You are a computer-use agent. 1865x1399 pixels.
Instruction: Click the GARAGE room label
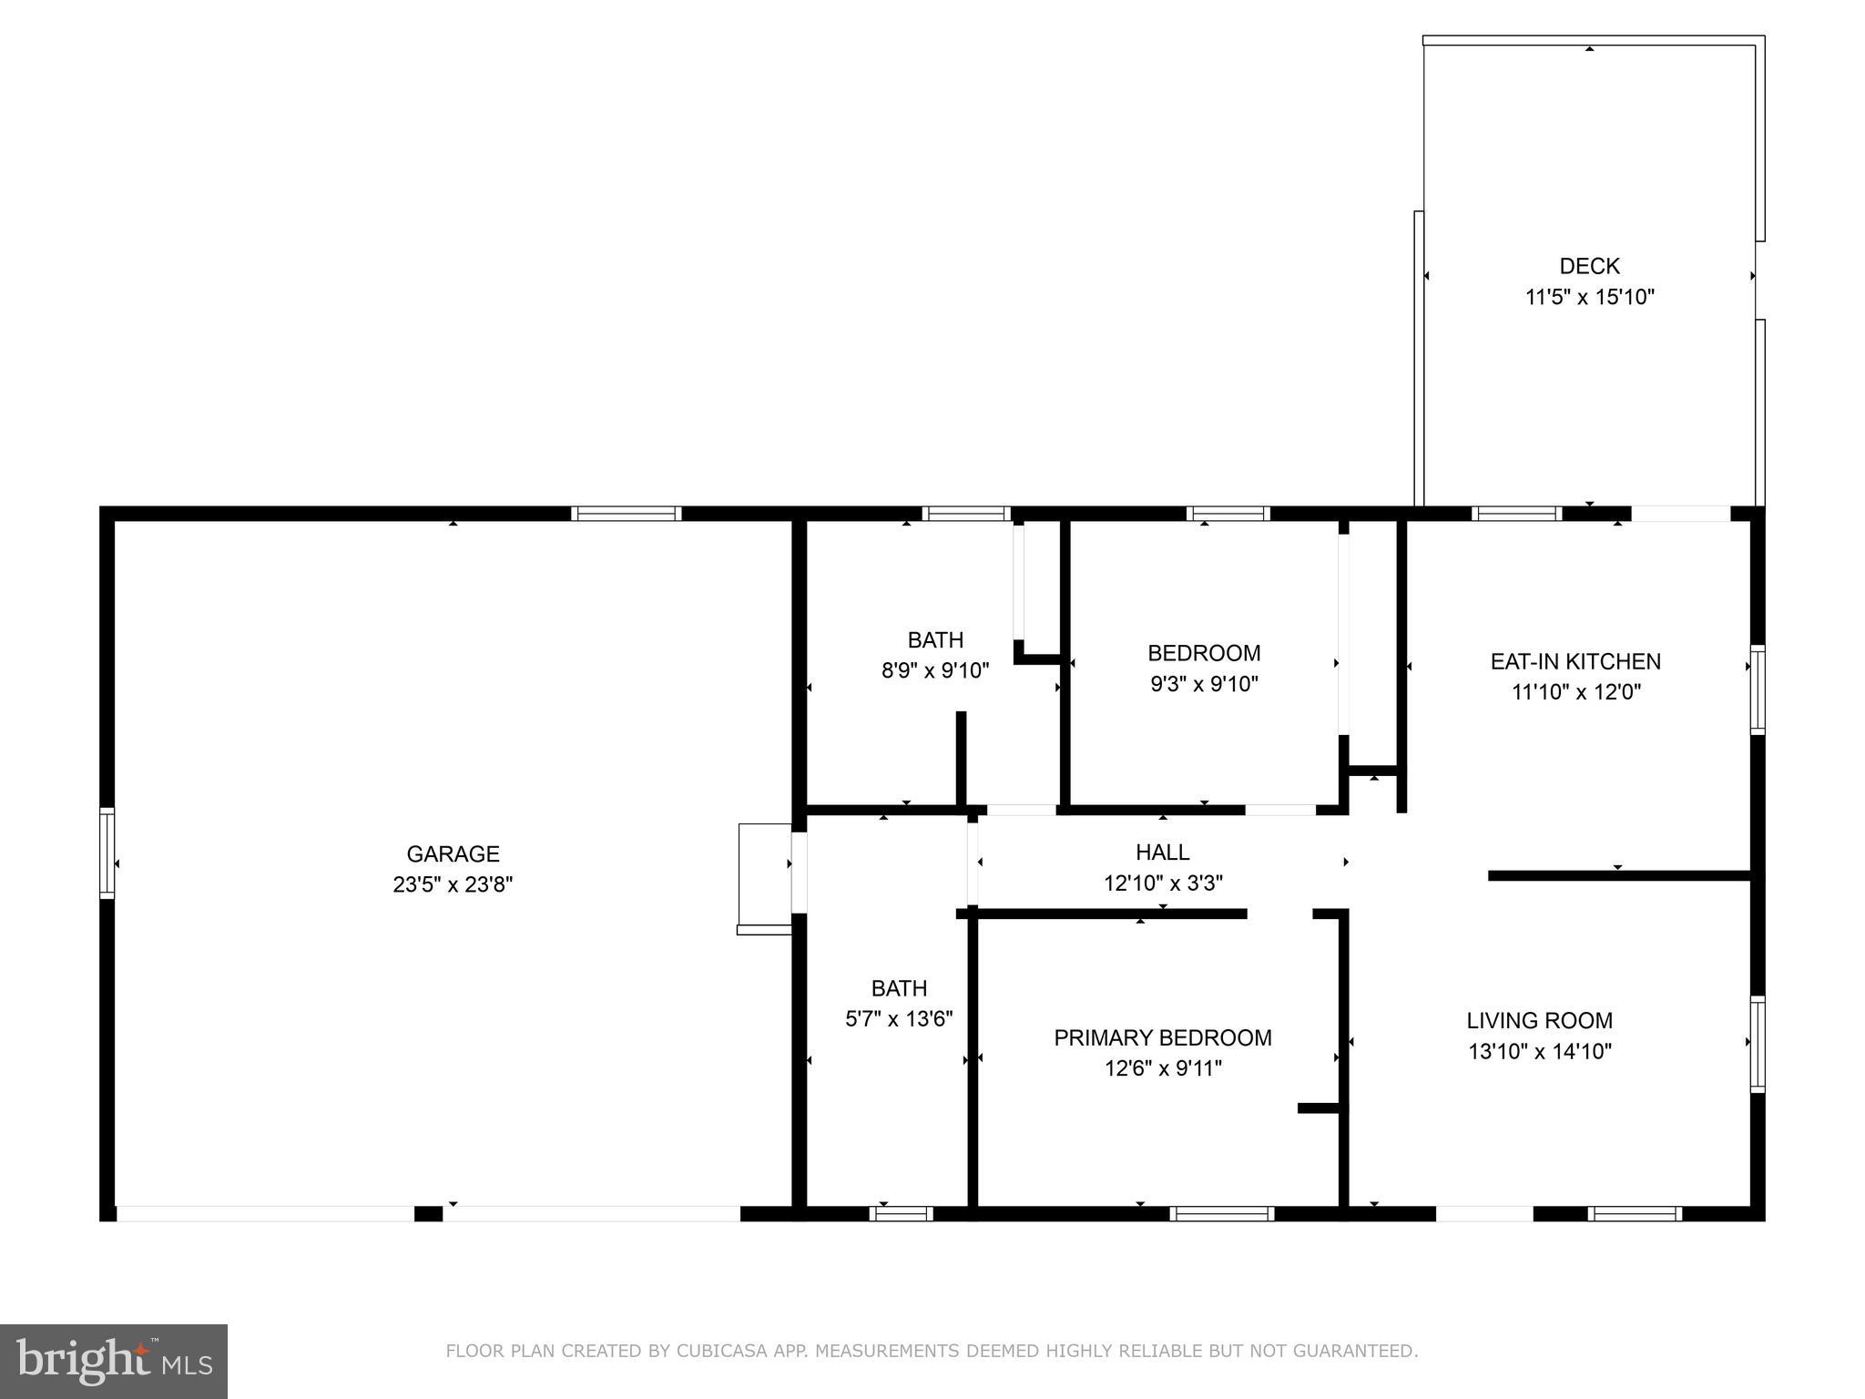pyautogui.click(x=453, y=853)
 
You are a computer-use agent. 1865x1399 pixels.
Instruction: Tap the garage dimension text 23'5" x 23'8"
pyautogui.click(x=453, y=884)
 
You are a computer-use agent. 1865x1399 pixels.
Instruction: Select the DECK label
pyautogui.click(x=1589, y=266)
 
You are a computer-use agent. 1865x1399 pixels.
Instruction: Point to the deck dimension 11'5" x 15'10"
pyautogui.click(x=1589, y=297)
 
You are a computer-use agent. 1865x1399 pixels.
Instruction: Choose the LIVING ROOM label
pyautogui.click(x=1539, y=1020)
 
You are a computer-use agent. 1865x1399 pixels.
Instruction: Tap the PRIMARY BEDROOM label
pyautogui.click(x=1163, y=1037)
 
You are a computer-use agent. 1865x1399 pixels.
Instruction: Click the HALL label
pyautogui.click(x=1162, y=852)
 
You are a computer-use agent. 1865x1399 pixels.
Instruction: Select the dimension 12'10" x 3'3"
pyautogui.click(x=1163, y=883)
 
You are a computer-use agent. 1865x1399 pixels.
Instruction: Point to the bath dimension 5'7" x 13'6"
pyautogui.click(x=899, y=1018)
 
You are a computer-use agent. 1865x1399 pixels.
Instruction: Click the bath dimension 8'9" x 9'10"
pyautogui.click(x=935, y=670)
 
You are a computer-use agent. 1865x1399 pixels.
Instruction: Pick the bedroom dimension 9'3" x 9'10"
pyautogui.click(x=1204, y=683)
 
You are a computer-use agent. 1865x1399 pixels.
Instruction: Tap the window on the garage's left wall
pyautogui.click(x=107, y=853)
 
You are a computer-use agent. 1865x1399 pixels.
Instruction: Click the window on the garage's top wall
pyautogui.click(x=627, y=514)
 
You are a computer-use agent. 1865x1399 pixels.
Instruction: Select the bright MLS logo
pyautogui.click(x=114, y=1361)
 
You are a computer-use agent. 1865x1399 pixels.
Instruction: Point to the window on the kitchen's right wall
pyautogui.click(x=1757, y=689)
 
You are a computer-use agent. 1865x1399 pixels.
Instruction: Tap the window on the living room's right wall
pyautogui.click(x=1757, y=1044)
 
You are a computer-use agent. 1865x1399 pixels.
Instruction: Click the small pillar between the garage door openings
pyautogui.click(x=428, y=1213)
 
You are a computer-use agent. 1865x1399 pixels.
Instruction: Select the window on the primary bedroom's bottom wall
pyautogui.click(x=1221, y=1213)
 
